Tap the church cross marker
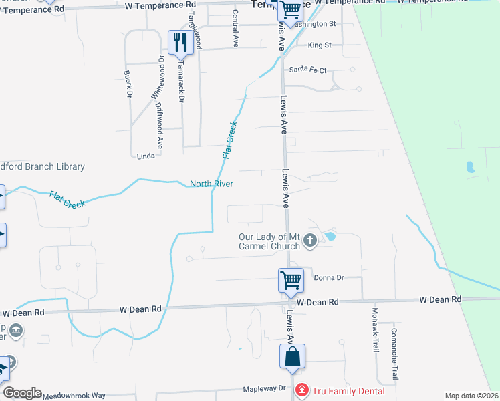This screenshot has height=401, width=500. point(309,240)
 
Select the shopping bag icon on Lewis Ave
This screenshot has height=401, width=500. point(293,358)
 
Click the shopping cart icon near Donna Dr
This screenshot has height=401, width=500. point(291,280)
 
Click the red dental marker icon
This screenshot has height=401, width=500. point(301,390)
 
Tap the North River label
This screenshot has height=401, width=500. point(211,184)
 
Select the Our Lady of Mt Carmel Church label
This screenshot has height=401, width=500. point(269,241)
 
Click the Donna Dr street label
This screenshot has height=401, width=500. point(328,277)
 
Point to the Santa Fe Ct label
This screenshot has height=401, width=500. point(307,70)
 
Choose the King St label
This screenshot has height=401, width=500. point(320,45)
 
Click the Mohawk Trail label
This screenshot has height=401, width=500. point(375,330)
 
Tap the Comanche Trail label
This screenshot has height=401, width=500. point(395,354)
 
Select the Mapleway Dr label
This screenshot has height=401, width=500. point(264,388)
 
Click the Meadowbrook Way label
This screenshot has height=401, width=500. point(74,396)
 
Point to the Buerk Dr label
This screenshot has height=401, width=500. point(128,84)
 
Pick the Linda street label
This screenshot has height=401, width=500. point(145,156)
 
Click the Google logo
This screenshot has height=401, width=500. point(22,393)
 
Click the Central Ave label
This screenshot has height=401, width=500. point(235,27)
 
